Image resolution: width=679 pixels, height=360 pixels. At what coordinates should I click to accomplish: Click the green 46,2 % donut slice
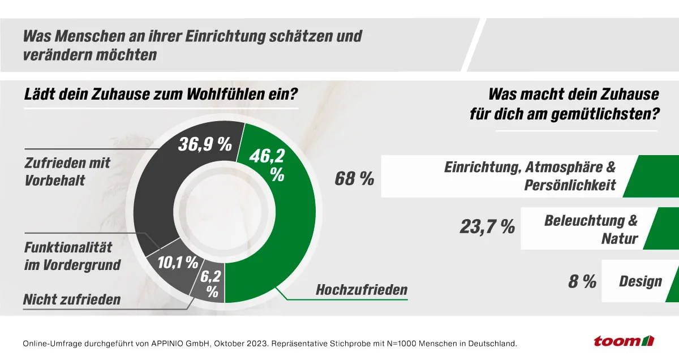click(283, 226)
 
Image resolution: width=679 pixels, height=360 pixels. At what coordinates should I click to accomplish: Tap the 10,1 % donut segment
click(177, 263)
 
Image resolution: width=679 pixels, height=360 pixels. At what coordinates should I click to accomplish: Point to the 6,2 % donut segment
click(209, 284)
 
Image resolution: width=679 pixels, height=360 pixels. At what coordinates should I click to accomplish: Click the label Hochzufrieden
click(361, 290)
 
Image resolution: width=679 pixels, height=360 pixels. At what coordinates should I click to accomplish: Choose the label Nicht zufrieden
click(72, 299)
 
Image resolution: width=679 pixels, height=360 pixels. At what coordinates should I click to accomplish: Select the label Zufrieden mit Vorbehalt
click(67, 171)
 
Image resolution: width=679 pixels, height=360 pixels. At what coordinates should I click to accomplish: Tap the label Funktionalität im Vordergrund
click(72, 256)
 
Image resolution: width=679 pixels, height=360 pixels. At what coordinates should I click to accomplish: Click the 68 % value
click(354, 179)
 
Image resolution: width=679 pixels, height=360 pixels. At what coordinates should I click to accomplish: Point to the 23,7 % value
click(487, 228)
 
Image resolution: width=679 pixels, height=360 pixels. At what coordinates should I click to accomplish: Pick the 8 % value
click(582, 281)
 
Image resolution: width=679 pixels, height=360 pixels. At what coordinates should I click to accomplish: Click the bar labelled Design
click(639, 281)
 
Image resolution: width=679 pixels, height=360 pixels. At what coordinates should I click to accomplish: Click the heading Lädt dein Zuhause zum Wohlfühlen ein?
click(161, 94)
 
